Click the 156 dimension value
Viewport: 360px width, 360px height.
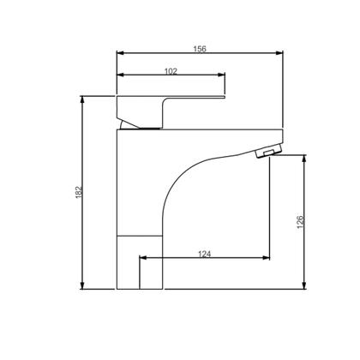point(200,49)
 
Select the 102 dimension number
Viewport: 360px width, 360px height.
point(171,71)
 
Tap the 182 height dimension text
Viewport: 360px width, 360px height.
point(79,192)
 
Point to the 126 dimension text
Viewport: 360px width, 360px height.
point(301,222)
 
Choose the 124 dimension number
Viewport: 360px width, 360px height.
point(205,254)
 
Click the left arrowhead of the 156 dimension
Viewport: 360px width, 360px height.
point(120,53)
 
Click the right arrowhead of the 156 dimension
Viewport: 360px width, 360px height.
point(279,53)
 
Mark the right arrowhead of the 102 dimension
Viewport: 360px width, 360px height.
point(221,75)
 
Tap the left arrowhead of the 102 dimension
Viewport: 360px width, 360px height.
point(120,75)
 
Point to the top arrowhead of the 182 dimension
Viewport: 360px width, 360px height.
point(82,99)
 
